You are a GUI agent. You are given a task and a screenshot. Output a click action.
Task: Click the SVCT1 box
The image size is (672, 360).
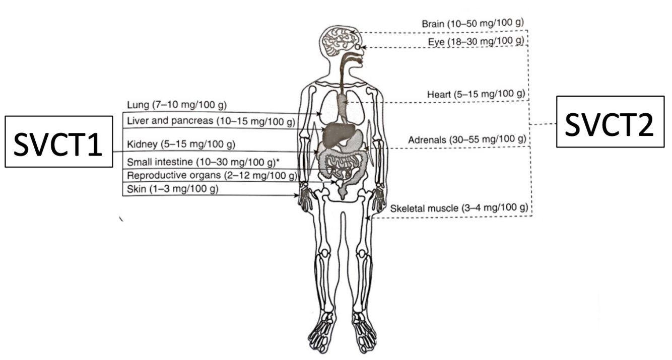(58, 141)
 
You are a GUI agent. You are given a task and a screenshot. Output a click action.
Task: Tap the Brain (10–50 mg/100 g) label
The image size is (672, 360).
(473, 24)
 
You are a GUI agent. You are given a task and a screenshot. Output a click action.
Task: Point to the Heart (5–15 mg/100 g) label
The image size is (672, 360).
(476, 94)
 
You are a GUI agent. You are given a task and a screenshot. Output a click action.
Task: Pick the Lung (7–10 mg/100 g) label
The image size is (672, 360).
(177, 105)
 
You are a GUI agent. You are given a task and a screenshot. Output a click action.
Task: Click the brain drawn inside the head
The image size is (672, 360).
(339, 40)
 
